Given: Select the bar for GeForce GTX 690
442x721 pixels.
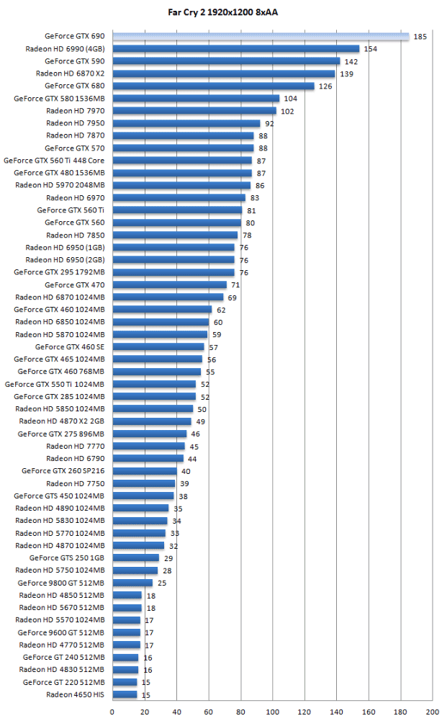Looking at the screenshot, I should click(260, 36).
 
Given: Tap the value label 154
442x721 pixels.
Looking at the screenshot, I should click(371, 49).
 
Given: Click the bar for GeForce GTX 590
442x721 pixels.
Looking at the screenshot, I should click(226, 61).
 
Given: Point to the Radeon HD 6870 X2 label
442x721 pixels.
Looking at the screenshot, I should click(70, 73).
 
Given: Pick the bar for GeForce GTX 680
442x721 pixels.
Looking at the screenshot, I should click(213, 86).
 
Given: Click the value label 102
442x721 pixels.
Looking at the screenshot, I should click(287, 111).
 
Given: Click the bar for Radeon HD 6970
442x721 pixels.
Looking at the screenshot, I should click(179, 197).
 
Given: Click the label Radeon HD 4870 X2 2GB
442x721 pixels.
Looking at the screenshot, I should click(62, 421).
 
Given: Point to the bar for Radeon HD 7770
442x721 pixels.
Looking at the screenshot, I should click(148, 446).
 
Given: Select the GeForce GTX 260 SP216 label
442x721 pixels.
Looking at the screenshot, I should click(63, 471).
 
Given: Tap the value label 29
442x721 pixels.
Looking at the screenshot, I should click(168, 558).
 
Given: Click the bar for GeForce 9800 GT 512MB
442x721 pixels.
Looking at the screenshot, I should click(132, 583).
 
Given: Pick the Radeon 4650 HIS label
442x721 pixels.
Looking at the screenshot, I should click(75, 694).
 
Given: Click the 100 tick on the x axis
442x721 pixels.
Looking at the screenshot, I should click(273, 712).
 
